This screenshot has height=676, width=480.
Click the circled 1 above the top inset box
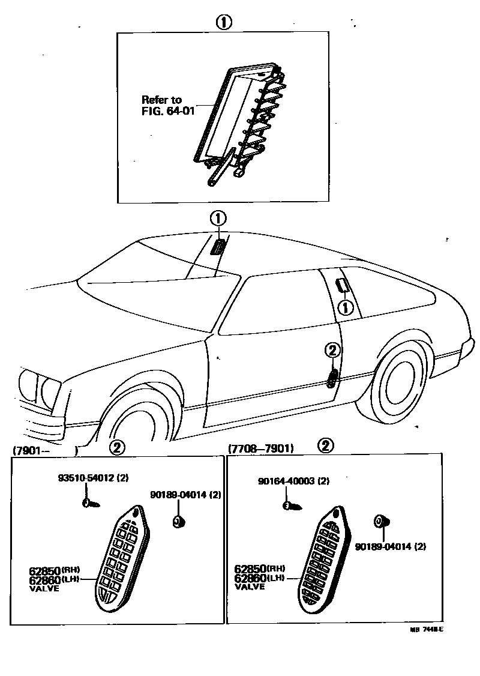[x=223, y=23]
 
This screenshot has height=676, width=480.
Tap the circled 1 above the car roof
[x=218, y=218]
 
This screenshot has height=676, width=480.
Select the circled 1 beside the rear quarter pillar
[x=346, y=308]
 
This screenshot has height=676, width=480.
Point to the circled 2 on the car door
[x=333, y=351]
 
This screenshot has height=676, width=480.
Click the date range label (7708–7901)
[x=260, y=448]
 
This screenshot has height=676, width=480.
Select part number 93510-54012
[x=93, y=478]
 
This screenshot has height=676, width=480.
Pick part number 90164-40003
[x=294, y=481]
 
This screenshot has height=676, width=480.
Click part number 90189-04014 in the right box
[x=390, y=547]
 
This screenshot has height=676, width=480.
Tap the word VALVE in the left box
[x=44, y=589]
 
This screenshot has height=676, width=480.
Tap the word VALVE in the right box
[x=250, y=587]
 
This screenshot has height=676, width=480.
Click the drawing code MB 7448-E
[x=427, y=630]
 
